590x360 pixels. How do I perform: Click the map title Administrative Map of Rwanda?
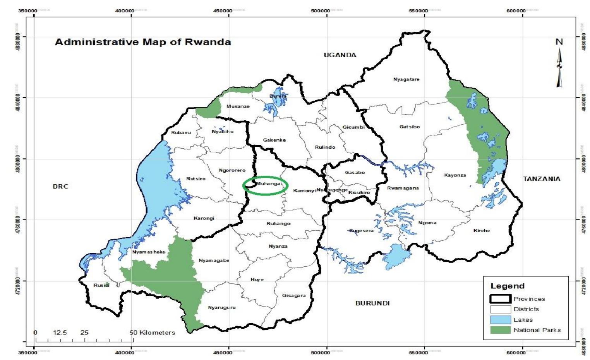click(143, 42)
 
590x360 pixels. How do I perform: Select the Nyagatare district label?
click(406, 79)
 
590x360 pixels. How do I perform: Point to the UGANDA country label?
click(340, 55)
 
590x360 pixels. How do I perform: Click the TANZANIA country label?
click(542, 179)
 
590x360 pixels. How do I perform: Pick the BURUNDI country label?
click(372, 303)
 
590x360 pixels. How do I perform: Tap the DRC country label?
click(60, 187)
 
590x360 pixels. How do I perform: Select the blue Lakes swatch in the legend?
click(501, 320)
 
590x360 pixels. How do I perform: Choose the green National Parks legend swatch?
click(501, 330)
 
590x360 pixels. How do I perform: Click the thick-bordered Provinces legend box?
click(501, 299)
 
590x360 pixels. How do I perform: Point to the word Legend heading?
click(508, 286)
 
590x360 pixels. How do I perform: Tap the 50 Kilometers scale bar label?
click(152, 333)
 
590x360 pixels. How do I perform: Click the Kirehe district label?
click(482, 231)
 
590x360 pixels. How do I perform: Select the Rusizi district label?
click(101, 285)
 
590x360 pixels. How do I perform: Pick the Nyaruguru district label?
click(221, 308)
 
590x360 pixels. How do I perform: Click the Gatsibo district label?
click(410, 127)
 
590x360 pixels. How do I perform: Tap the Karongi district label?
click(204, 218)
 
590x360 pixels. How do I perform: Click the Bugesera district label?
click(361, 231)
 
